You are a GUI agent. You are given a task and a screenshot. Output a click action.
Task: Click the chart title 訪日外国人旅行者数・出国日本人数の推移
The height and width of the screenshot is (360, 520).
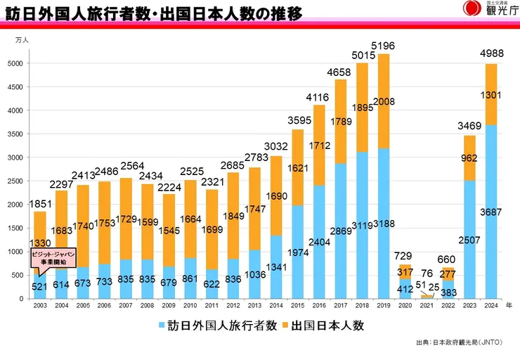pos(150,13)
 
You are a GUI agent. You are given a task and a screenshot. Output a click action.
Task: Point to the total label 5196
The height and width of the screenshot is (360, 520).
pos(384,46)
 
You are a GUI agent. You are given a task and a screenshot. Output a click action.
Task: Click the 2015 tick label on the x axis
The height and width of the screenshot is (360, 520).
pos(298,306)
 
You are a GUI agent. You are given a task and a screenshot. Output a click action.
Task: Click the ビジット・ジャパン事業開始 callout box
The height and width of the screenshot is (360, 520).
pos(53,257)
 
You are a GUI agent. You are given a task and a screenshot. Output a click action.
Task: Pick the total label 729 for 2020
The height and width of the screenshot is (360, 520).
pos(405,257)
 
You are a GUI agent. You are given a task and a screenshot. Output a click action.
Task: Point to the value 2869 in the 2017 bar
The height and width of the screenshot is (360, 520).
pos(341,230)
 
